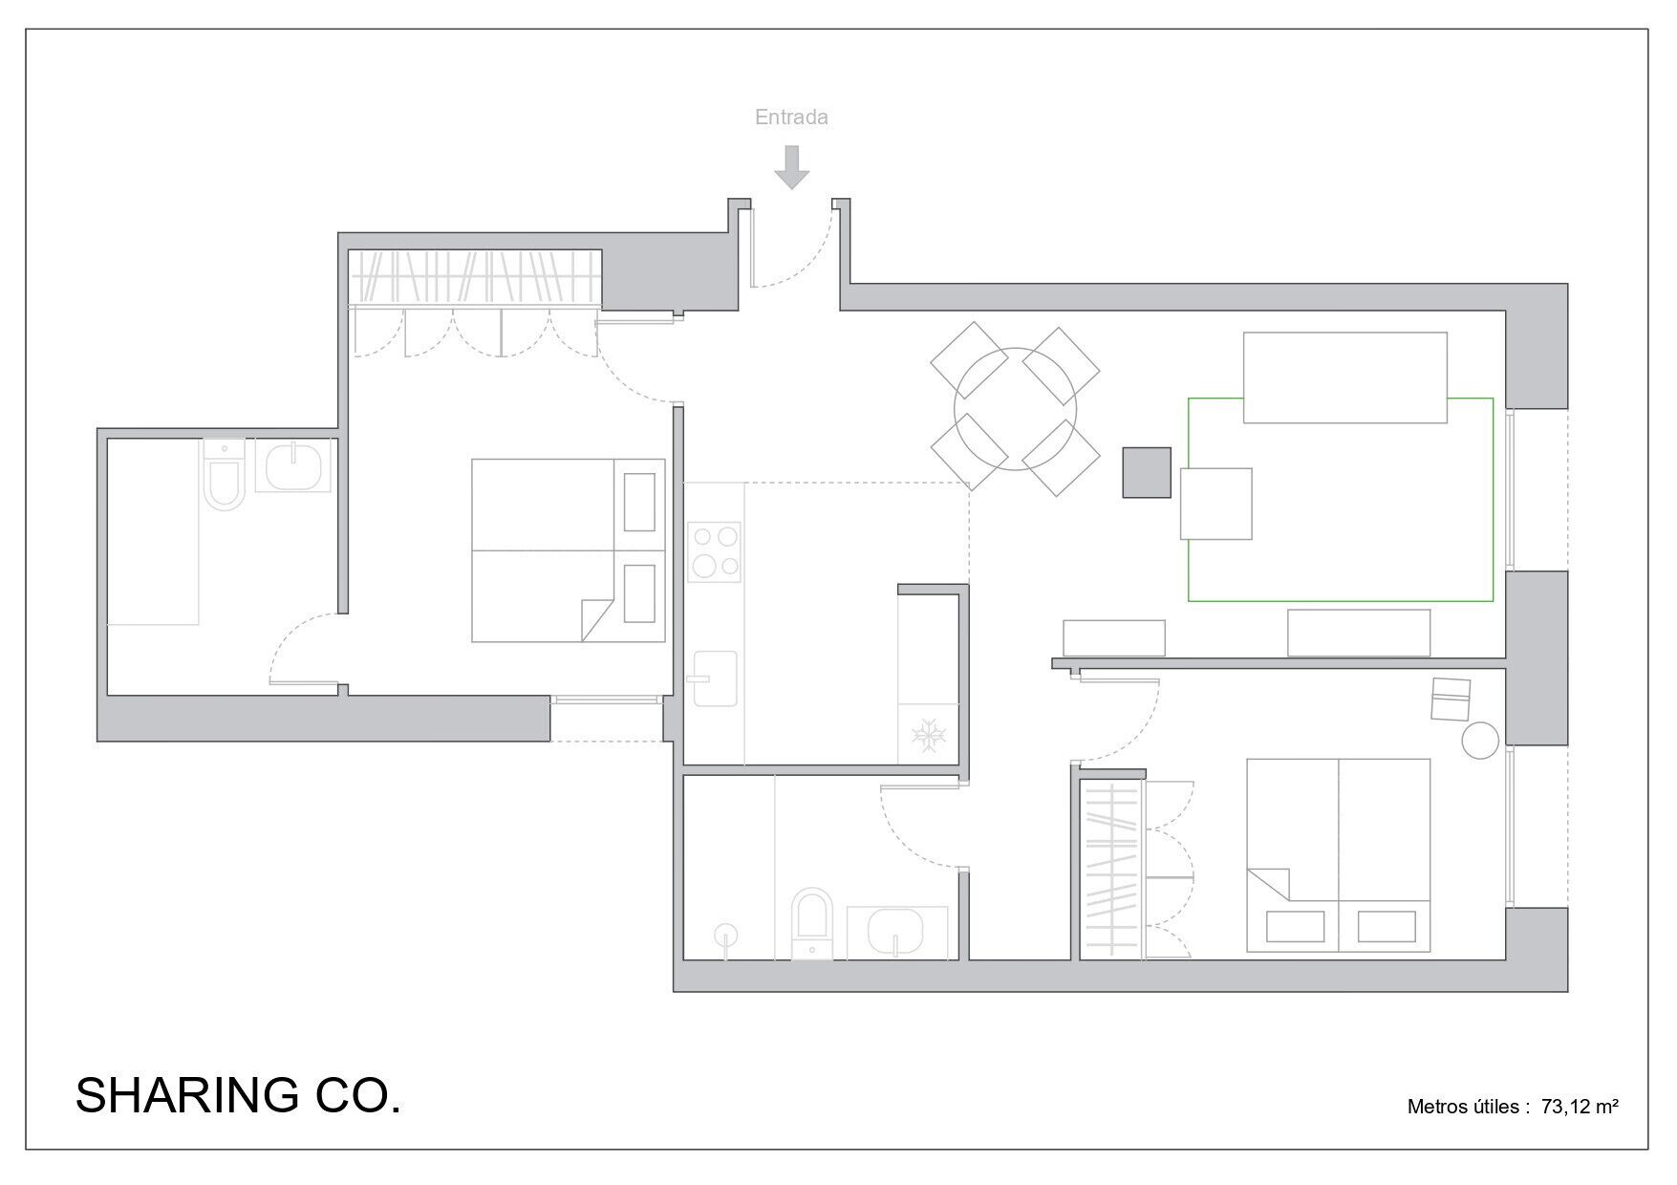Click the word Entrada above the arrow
pos(791,118)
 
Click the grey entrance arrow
pos(791,166)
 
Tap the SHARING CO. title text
pos(238,1095)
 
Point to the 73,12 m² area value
pos(1580,1107)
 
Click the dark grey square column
pos(1147,472)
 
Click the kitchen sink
pos(715,678)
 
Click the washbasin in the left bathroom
pos(294,467)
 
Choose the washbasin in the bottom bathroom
pos(895,932)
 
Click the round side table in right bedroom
pos(1481,740)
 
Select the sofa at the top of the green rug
pos(1344,377)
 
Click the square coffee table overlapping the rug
pos(1216,504)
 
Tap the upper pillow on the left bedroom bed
pos(639,502)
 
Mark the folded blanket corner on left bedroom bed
pos(596,619)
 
